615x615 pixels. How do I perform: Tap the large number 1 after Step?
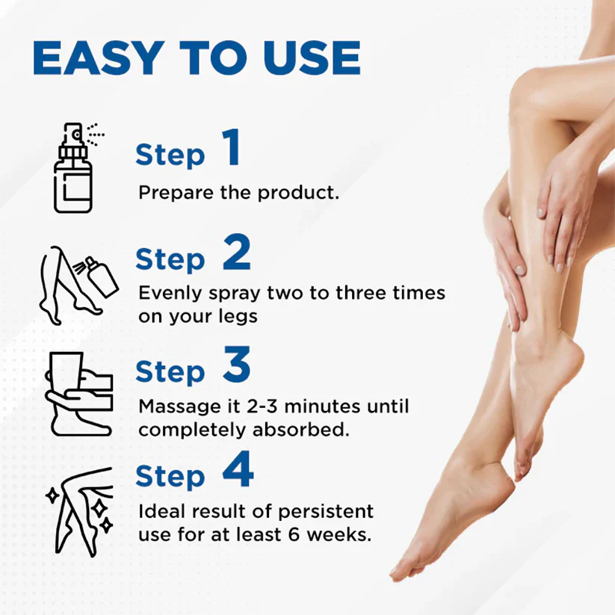click(231, 149)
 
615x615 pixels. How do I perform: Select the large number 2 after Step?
click(236, 256)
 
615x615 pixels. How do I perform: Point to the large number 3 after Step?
click(236, 367)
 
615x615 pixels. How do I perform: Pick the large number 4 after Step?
click(238, 472)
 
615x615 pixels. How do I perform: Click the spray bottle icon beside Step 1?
click(75, 169)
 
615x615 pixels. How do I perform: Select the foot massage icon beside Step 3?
click(75, 392)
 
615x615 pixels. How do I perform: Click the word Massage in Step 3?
click(175, 407)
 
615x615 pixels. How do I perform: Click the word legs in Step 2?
click(238, 316)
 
